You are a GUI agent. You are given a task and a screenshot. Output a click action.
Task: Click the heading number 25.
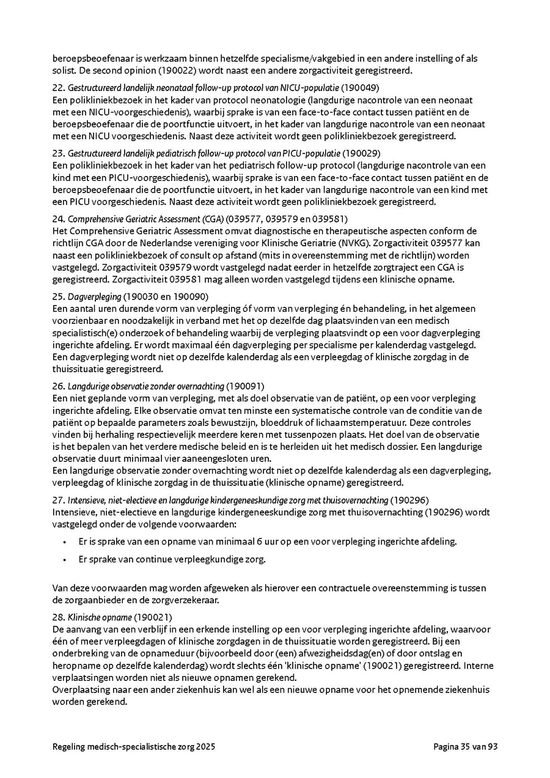[x=58, y=296]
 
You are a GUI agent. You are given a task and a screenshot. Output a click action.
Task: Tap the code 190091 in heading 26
[x=246, y=386]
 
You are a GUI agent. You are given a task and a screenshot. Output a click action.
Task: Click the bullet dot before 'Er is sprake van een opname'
[x=64, y=541]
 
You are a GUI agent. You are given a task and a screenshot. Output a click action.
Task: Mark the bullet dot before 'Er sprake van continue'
[x=64, y=559]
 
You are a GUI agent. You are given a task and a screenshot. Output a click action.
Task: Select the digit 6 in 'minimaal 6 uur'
[x=258, y=541]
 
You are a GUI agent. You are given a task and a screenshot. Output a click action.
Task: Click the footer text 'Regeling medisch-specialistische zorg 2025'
[x=134, y=746]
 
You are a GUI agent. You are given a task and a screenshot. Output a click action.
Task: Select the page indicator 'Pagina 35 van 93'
[x=466, y=746]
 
